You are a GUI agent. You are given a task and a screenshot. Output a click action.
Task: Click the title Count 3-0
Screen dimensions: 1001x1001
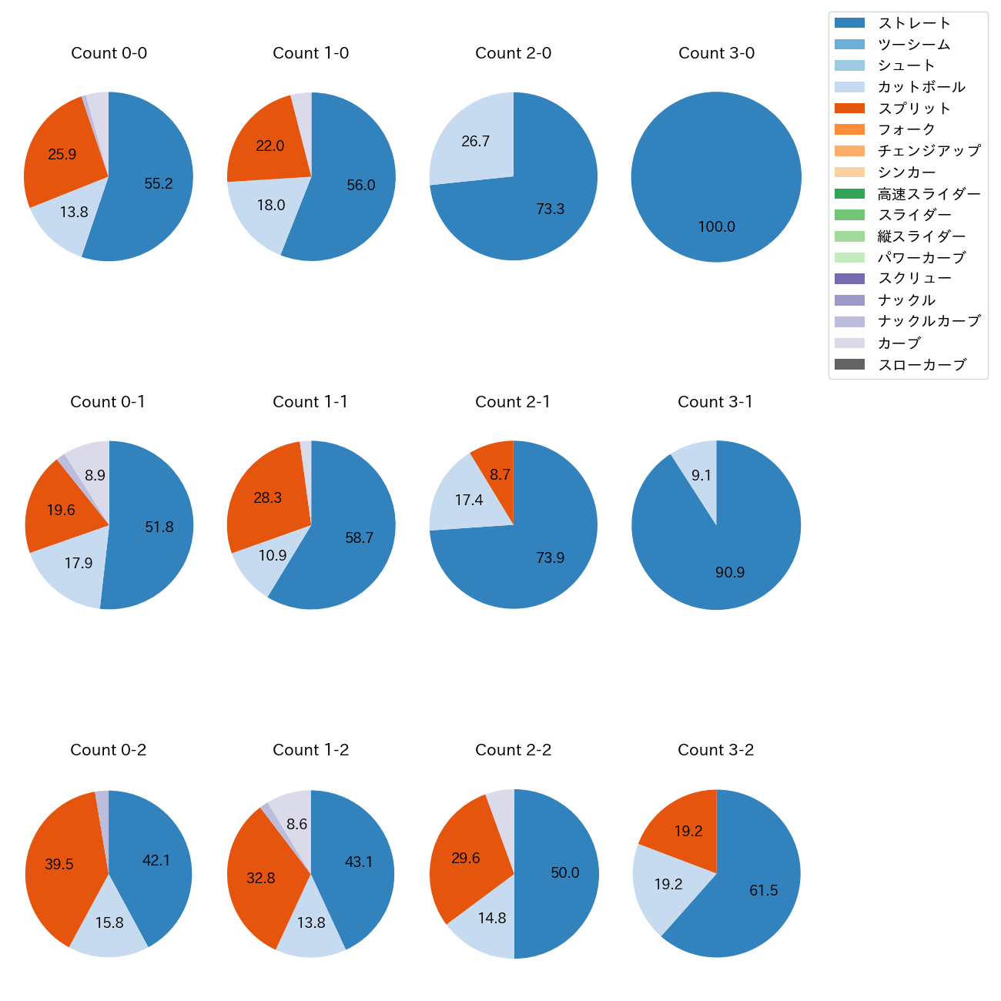716,53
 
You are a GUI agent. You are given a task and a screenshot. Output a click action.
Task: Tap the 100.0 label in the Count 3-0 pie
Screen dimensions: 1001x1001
716,227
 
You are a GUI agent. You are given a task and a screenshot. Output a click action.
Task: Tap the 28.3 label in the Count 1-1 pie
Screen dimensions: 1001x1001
267,498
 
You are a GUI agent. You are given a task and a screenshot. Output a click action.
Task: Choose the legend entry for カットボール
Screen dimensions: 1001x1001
921,87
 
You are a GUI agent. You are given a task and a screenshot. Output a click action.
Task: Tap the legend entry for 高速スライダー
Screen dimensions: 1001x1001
929,194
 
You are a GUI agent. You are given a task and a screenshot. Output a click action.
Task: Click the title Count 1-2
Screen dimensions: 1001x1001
310,750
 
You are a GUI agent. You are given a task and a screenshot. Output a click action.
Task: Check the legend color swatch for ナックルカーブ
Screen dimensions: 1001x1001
849,322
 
